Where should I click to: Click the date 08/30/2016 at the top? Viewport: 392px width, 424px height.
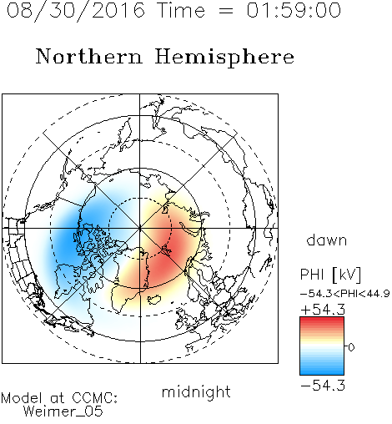tap(76, 10)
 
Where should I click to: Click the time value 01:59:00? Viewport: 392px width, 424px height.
tap(294, 10)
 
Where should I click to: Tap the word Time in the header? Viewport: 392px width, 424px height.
tap(181, 10)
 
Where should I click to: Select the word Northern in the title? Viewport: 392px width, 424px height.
tap(89, 56)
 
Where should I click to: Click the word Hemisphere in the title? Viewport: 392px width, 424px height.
tap(224, 58)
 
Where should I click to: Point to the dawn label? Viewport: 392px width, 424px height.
tap(327, 240)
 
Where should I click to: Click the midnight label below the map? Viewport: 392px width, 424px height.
tap(196, 391)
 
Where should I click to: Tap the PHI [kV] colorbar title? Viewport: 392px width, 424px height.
tap(330, 275)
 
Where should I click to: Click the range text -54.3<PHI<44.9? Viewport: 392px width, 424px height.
tap(345, 294)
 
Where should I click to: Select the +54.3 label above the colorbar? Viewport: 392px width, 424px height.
tap(323, 310)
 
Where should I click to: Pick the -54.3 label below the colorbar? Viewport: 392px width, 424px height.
tap(323, 386)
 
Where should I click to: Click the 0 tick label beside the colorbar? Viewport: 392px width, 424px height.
tap(351, 347)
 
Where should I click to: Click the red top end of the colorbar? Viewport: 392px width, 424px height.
tap(322, 319)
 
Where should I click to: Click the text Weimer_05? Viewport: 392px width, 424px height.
tap(63, 411)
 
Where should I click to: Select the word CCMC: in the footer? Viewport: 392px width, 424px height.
tap(95, 398)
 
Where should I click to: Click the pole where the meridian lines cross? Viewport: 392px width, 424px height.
tap(140, 228)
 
